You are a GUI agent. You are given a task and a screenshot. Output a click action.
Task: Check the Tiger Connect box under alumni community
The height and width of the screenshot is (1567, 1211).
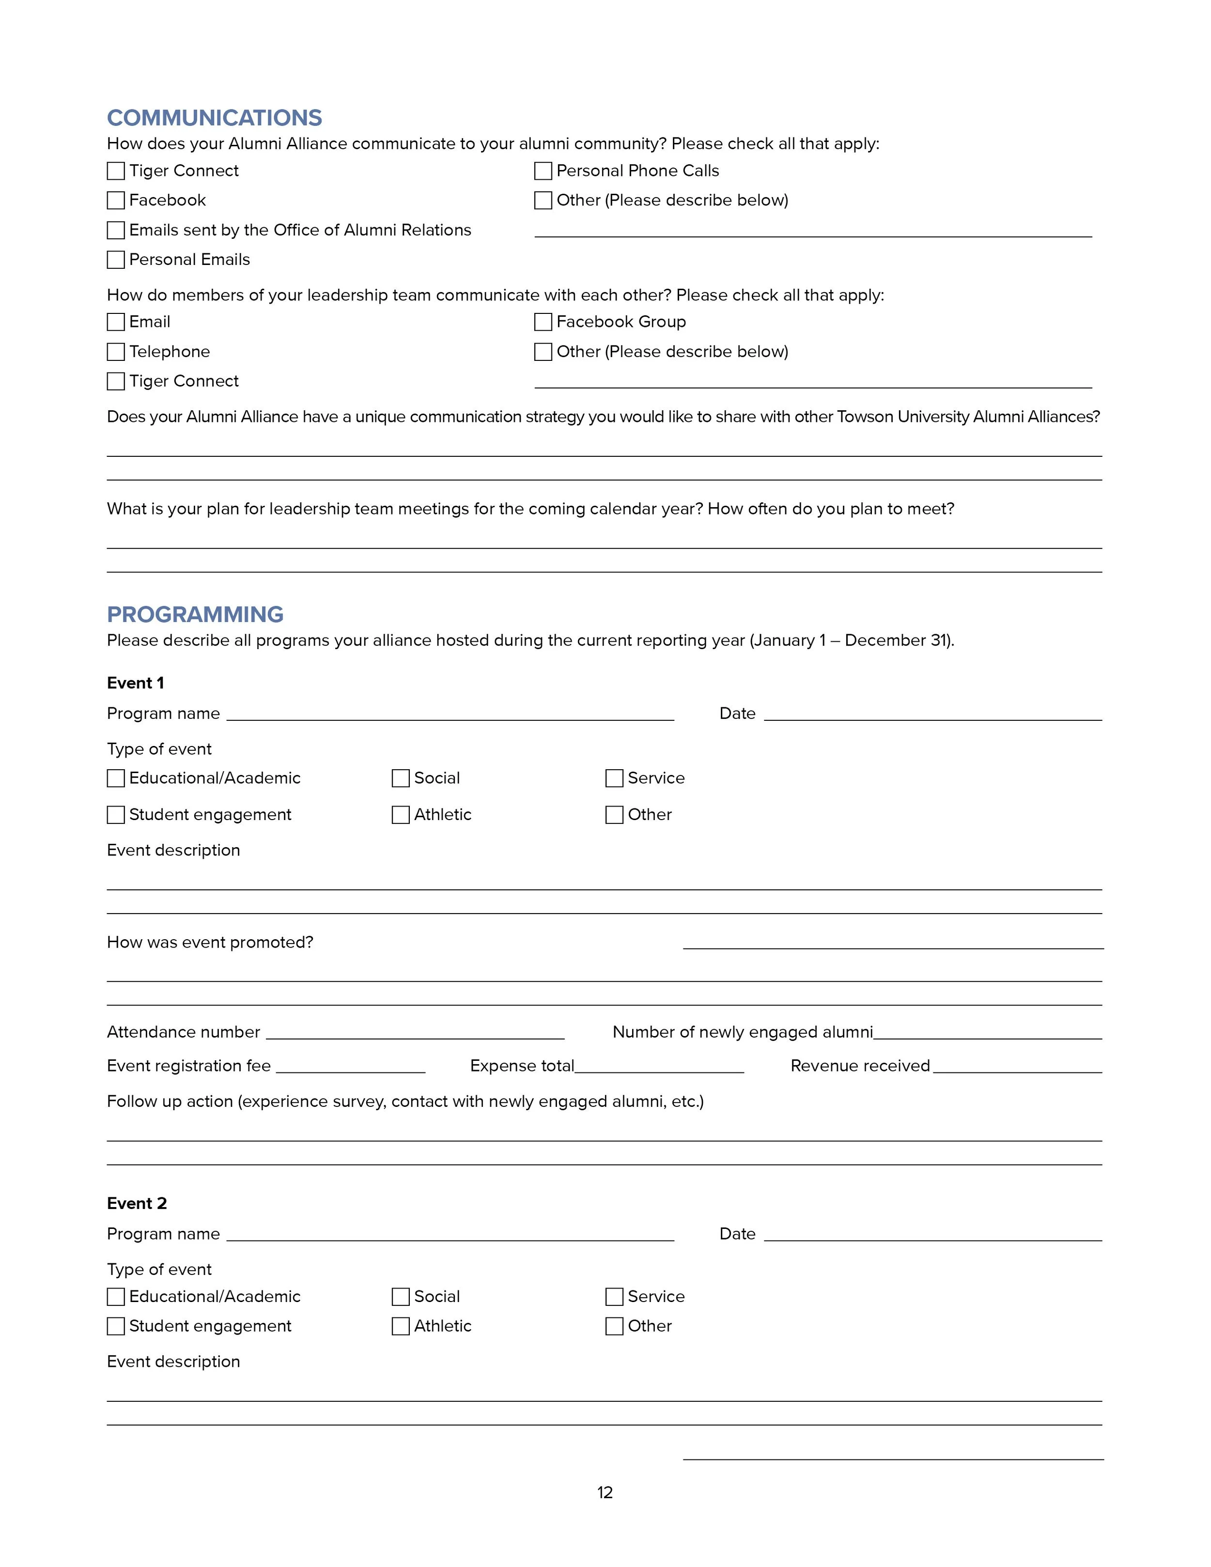(x=115, y=171)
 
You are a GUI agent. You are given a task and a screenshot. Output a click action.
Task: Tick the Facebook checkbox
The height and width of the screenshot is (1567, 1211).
(x=115, y=200)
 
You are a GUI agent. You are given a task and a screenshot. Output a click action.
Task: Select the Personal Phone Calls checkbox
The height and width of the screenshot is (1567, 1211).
(x=543, y=171)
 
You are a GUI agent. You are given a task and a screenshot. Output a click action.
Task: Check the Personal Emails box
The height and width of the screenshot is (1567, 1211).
(x=115, y=260)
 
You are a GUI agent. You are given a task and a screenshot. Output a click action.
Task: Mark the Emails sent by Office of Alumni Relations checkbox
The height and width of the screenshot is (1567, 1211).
(x=115, y=230)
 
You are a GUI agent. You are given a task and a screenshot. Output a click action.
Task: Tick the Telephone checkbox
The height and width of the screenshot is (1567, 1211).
(x=115, y=352)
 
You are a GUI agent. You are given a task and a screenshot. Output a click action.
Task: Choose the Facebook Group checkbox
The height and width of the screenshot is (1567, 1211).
(x=543, y=322)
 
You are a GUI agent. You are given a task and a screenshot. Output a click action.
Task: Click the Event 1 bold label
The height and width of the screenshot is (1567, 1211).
(x=135, y=683)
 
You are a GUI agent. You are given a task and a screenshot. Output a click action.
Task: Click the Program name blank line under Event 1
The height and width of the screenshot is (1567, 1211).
(x=450, y=716)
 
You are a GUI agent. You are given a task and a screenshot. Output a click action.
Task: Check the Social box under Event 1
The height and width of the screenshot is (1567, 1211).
(x=400, y=778)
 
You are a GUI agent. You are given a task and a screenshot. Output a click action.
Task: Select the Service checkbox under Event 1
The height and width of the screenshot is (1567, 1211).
(x=614, y=778)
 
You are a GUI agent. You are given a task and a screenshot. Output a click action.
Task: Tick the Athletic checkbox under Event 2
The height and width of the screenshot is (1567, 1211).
(x=400, y=1327)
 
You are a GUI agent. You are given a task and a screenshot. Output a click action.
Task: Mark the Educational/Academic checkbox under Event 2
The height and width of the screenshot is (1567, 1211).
(x=115, y=1297)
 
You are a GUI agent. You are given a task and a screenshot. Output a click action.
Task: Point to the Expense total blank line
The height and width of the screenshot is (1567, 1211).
(x=659, y=1069)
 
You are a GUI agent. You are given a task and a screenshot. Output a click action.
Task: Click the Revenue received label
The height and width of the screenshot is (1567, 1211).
(x=859, y=1066)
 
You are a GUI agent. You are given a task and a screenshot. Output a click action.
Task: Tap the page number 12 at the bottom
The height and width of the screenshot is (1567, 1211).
(x=605, y=1492)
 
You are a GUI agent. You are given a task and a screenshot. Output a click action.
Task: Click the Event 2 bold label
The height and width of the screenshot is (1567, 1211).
(x=136, y=1203)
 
